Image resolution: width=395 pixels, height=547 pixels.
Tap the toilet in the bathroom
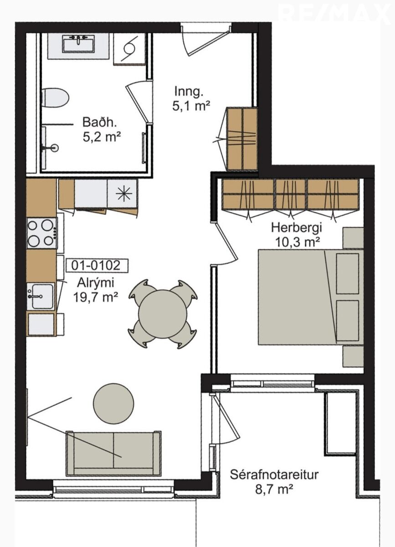[55, 98]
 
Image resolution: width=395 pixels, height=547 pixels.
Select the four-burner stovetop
[42, 233]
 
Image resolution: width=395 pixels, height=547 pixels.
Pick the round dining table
[163, 314]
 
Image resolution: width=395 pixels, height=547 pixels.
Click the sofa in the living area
[113, 454]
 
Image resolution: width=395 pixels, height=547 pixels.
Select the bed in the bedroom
[311, 297]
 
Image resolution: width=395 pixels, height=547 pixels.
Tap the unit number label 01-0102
[96, 265]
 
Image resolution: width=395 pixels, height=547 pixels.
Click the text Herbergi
[297, 228]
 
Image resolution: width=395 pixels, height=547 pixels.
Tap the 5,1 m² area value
[191, 107]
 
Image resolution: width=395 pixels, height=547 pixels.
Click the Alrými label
[96, 283]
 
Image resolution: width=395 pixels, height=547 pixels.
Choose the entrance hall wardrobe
[242, 139]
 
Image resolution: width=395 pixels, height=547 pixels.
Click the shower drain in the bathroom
[55, 148]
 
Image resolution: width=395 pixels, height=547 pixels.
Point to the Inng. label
[189, 92]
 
